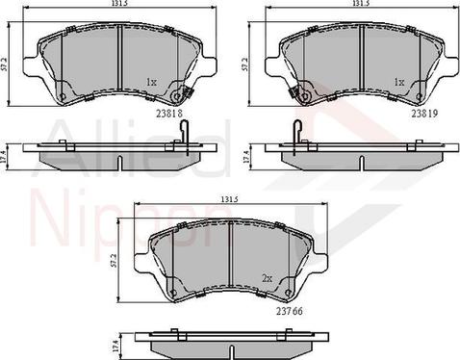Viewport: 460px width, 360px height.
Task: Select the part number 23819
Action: [424, 113]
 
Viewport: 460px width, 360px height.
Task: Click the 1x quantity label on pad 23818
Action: [150, 83]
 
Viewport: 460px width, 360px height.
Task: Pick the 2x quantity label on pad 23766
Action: [266, 279]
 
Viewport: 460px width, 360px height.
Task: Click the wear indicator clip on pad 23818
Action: [180, 95]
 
